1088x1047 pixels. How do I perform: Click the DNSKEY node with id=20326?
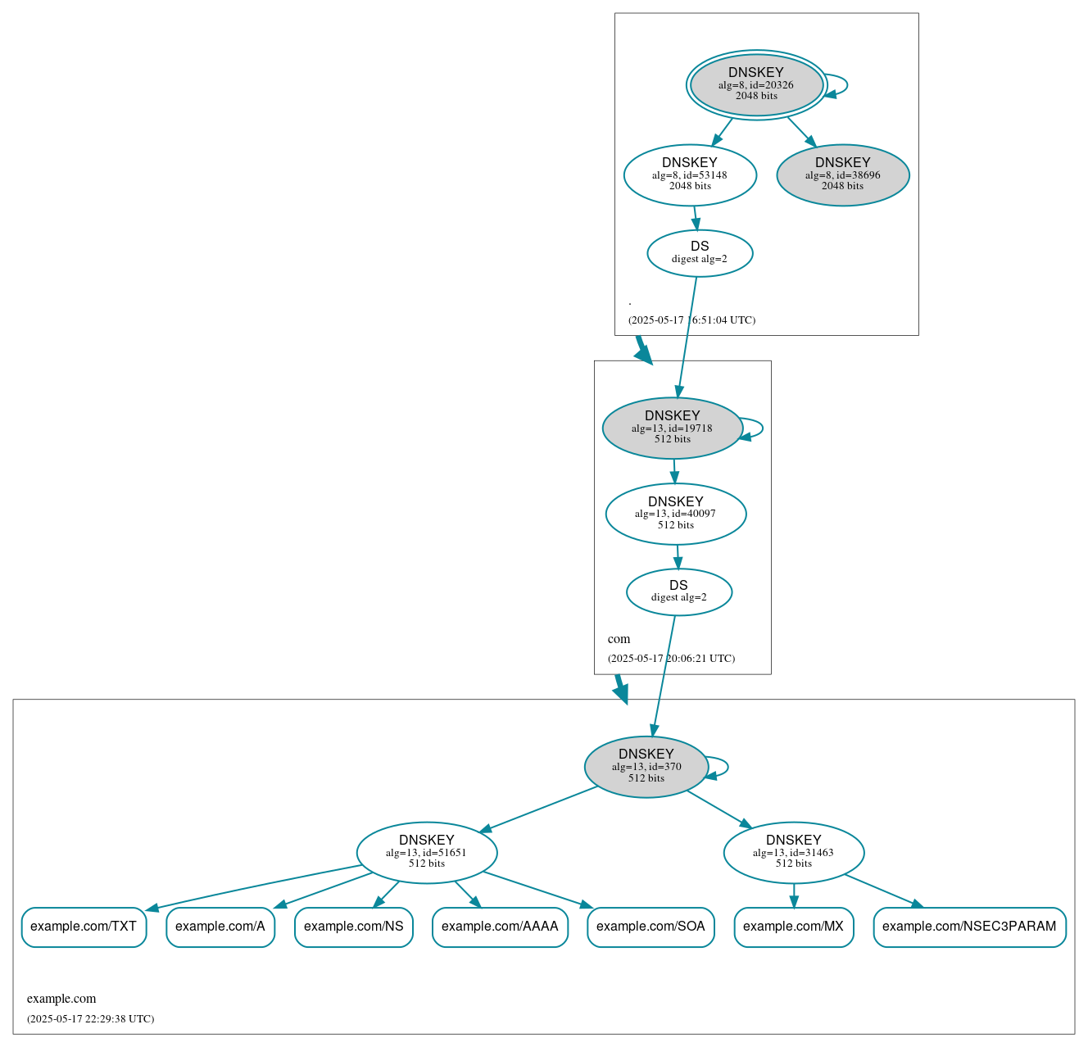point(756,84)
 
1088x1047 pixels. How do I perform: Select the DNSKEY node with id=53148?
point(690,174)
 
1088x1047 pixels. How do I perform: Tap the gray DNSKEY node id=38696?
point(842,174)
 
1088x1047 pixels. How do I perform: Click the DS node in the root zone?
point(700,253)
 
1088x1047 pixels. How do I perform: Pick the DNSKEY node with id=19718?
point(672,428)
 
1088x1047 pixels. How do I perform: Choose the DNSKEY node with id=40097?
point(675,514)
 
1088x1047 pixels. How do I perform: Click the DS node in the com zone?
point(678,591)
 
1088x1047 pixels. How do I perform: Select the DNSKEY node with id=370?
point(646,767)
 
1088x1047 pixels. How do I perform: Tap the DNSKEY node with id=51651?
point(426,852)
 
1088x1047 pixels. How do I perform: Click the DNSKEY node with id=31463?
point(793,852)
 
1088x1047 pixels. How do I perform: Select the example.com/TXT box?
point(84,927)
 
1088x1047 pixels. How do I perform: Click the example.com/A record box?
point(220,927)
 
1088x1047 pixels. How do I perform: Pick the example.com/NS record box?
point(353,927)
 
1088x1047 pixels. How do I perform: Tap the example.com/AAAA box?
point(500,927)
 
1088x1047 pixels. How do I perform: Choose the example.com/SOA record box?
point(651,927)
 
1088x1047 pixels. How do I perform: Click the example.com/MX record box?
point(793,927)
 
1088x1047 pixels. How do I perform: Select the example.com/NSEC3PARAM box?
point(969,927)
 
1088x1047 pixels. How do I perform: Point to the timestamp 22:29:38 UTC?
point(90,1019)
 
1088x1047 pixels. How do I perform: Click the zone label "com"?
point(619,639)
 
